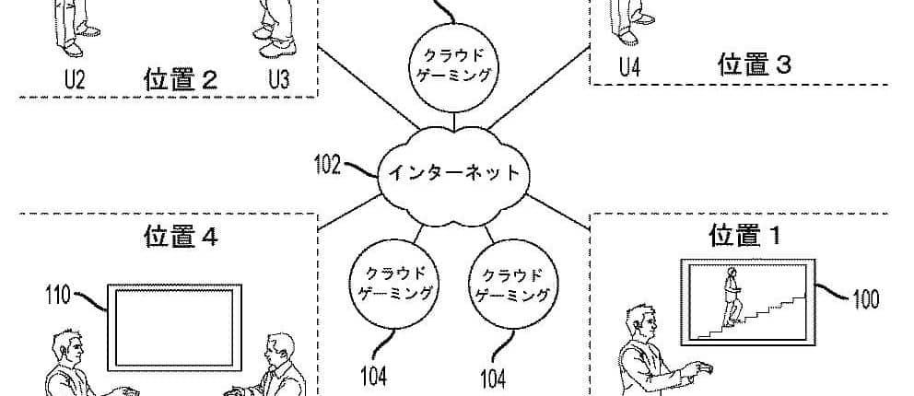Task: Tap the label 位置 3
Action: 755,64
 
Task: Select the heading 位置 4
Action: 181,238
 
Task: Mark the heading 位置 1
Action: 745,237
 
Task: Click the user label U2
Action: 75,80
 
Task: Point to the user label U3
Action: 279,80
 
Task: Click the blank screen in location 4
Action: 176,324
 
